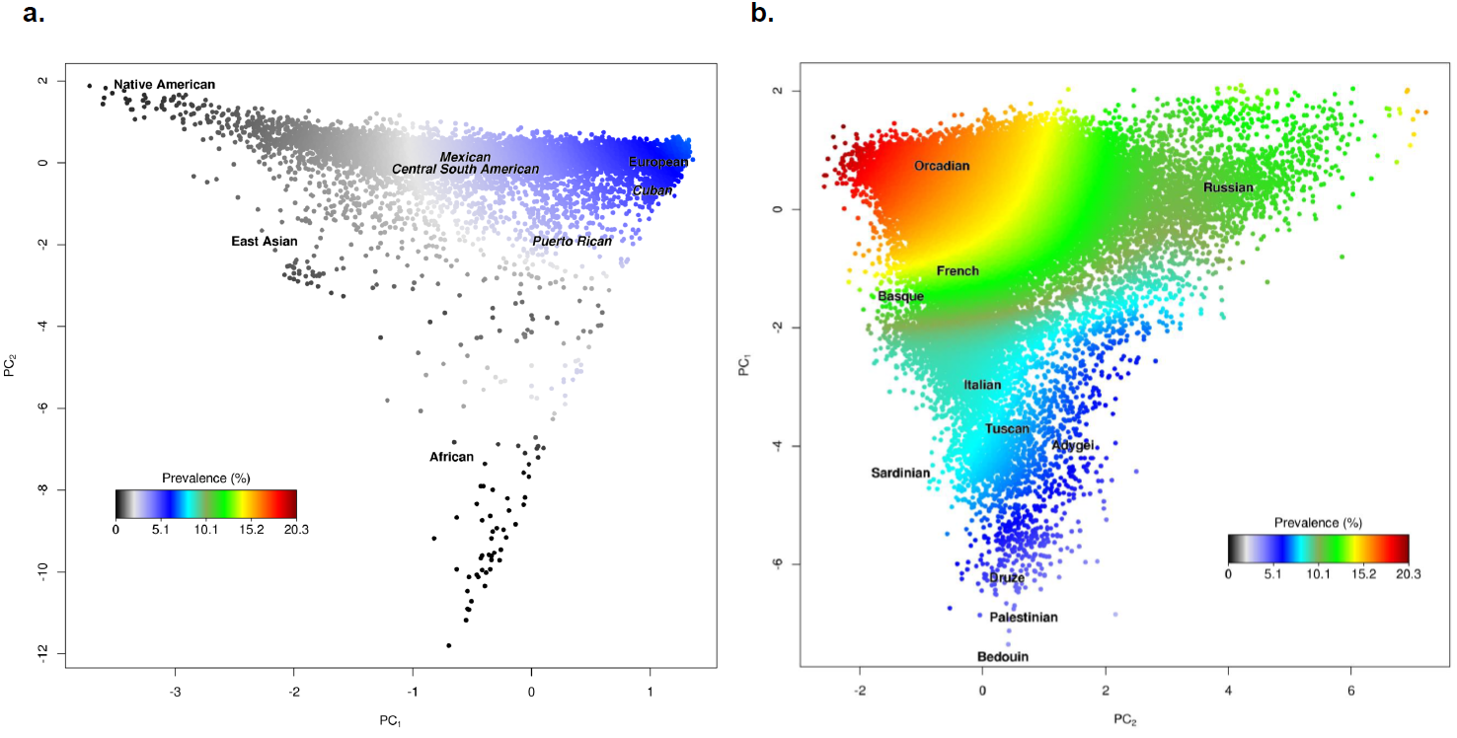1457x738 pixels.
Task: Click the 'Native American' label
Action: coord(164,85)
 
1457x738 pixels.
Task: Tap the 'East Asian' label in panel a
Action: coord(264,242)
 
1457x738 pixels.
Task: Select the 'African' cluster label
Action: coord(451,457)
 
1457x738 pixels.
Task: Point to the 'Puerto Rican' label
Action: coord(572,242)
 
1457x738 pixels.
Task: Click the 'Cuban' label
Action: coord(652,190)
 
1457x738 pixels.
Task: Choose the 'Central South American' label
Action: coord(465,170)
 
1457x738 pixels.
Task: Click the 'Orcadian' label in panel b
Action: coord(942,166)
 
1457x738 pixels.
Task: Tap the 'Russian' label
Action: coord(1228,188)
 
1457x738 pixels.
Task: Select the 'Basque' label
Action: coord(900,297)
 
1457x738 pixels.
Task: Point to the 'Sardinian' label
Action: coord(900,474)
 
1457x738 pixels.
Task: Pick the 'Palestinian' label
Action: coord(1024,618)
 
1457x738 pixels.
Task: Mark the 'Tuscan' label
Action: coord(1007,429)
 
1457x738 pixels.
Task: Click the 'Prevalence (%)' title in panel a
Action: coord(205,478)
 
